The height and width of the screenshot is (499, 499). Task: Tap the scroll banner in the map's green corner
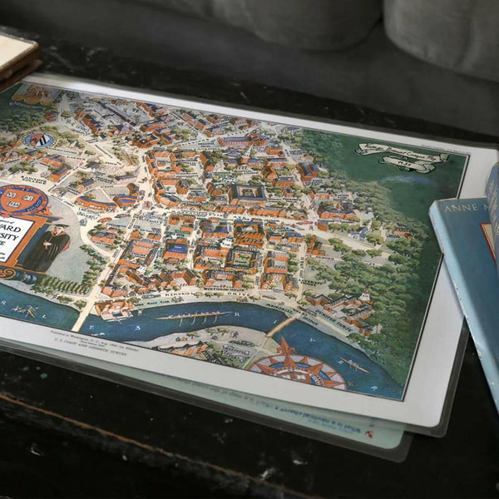tap(403, 157)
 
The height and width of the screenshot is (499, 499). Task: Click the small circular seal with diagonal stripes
tap(38, 140)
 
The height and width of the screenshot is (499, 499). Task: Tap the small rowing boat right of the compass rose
tap(353, 364)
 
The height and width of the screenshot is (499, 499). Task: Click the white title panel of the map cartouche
tap(12, 233)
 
